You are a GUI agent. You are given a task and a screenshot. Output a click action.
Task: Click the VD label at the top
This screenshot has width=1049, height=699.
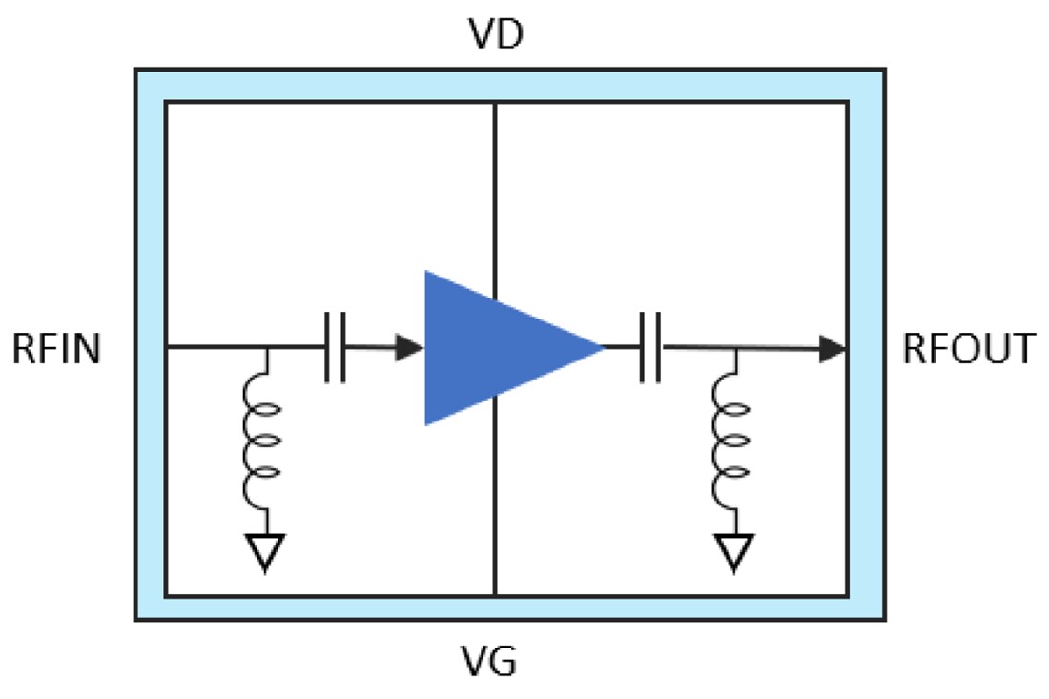coord(495,35)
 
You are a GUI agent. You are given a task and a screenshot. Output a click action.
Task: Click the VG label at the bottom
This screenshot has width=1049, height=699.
coord(494,660)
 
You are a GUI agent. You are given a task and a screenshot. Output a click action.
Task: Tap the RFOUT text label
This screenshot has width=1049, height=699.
coord(968,350)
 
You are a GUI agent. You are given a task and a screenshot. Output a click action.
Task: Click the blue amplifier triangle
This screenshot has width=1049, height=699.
coord(496,348)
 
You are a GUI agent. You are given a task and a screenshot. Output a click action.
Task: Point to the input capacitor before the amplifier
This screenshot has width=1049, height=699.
coord(335,348)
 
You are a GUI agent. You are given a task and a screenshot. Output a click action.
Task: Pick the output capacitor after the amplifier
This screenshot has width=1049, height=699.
coord(650,348)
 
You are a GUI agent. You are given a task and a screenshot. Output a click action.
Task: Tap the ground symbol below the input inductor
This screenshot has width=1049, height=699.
coord(264,552)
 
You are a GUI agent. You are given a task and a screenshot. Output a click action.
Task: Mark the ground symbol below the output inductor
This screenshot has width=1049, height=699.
coord(733,552)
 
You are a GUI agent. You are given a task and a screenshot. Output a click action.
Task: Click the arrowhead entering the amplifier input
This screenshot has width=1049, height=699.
coord(411,348)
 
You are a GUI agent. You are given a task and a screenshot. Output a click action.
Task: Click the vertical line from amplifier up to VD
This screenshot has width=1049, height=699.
coord(495,191)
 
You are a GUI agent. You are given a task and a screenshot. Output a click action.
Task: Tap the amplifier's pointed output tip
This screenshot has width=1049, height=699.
coord(601,348)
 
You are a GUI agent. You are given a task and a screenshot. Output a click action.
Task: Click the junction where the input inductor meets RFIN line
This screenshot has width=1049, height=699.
coord(265,348)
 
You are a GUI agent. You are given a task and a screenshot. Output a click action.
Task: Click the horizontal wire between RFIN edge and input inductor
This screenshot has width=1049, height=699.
coord(216,348)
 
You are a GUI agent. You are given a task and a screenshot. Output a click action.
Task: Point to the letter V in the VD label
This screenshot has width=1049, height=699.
coord(482,35)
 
